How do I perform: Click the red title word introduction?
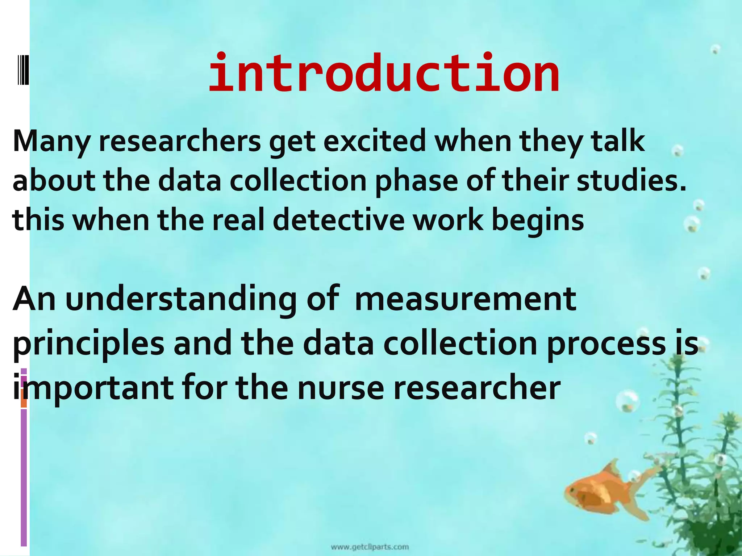coord(384,74)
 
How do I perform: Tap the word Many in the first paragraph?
coord(51,142)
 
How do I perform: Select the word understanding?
coord(181,300)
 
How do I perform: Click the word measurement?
coord(466,300)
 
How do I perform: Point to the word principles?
coord(89,345)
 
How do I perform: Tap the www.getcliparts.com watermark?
coord(370,547)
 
